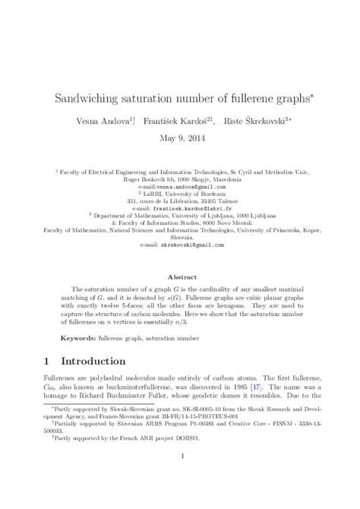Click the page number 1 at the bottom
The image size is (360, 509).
coord(180,477)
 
